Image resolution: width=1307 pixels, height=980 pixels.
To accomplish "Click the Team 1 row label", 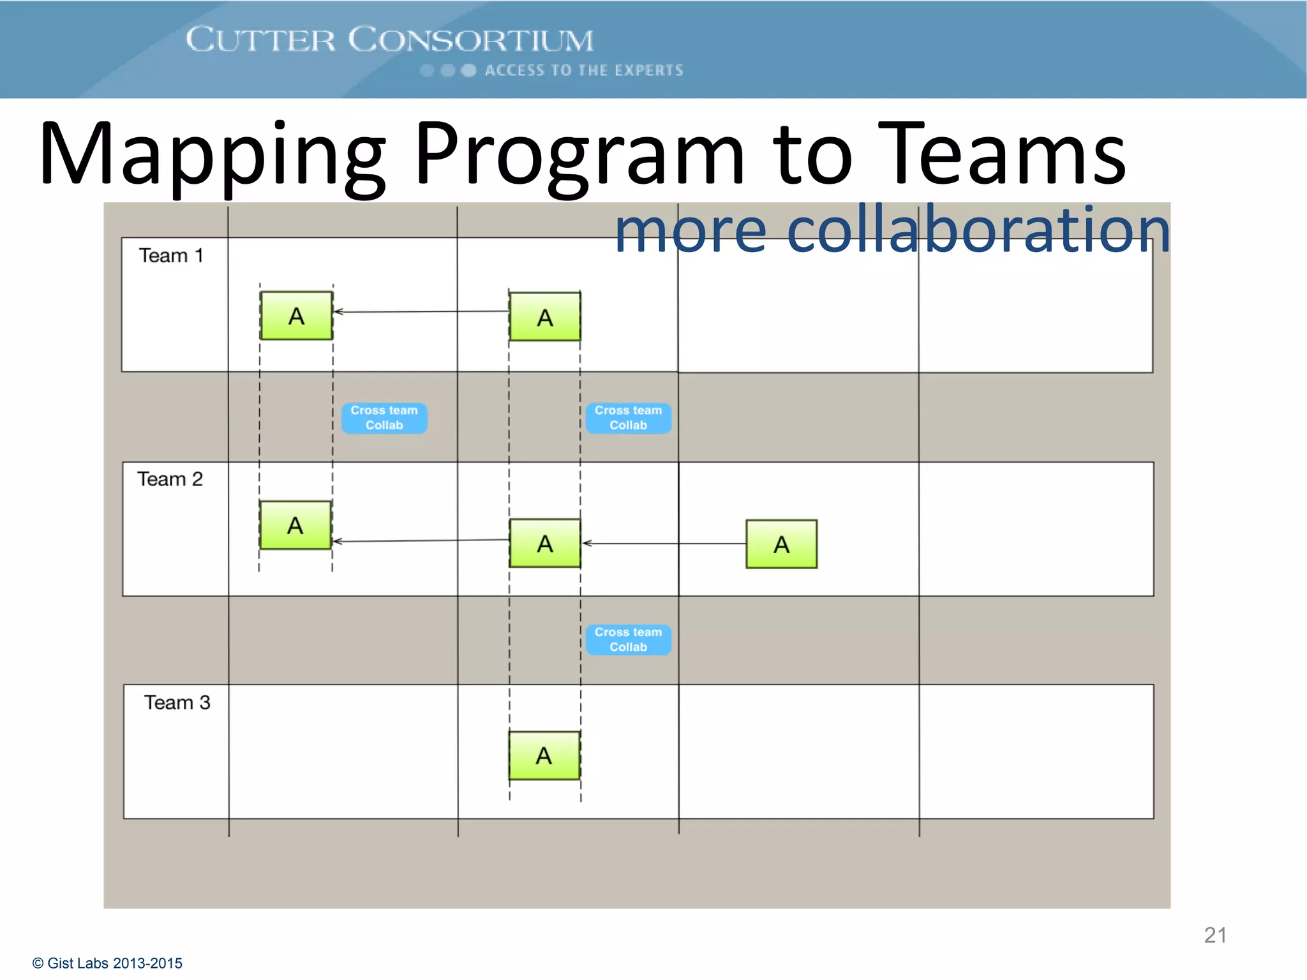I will (171, 256).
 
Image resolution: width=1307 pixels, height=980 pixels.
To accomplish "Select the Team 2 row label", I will (170, 479).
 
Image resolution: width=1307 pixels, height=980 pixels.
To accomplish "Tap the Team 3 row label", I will (177, 702).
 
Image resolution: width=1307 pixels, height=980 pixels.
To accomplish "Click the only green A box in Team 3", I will (544, 755).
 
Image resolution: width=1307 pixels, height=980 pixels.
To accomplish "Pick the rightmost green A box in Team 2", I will (781, 544).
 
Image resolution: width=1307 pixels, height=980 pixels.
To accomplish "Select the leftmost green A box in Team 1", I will (296, 316).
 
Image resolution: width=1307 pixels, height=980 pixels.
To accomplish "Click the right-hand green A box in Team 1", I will (545, 317).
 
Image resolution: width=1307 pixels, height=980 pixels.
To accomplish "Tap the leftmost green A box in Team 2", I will (295, 526).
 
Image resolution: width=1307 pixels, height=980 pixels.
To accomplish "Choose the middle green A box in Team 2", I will (545, 544).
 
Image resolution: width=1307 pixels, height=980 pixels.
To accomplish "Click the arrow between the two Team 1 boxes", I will (421, 312).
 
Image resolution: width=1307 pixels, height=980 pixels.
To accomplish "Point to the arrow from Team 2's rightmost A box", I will (664, 544).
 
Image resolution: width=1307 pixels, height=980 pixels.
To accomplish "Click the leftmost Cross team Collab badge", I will (384, 418).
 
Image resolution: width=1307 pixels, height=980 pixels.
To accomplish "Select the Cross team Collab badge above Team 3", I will (629, 639).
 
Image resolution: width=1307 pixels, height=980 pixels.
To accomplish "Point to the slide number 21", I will (1215, 935).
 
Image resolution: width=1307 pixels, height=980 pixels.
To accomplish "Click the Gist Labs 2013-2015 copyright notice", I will (108, 963).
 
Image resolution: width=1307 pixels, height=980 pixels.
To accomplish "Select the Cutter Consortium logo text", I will (389, 40).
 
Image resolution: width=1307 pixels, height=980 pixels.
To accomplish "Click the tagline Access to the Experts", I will (583, 70).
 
